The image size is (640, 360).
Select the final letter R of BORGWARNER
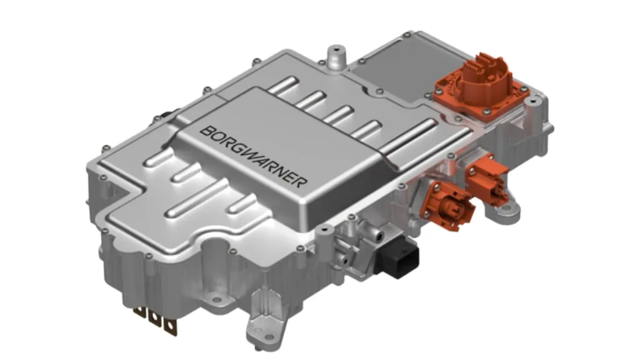[302, 183]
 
